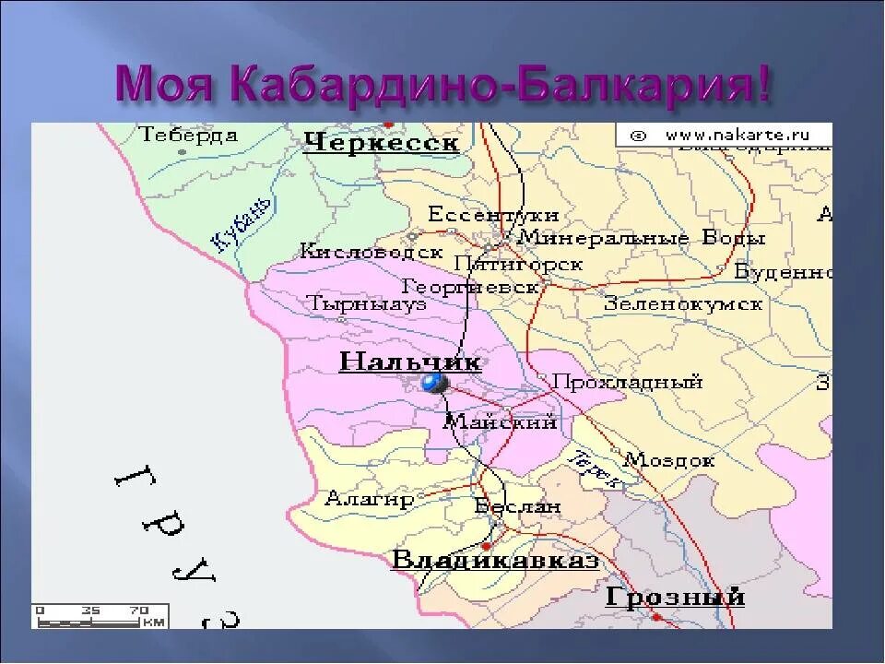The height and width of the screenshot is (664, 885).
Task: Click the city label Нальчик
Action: (x=409, y=361)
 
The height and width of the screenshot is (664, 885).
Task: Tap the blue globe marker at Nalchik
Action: (x=432, y=383)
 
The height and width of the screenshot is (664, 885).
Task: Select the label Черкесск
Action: (x=381, y=144)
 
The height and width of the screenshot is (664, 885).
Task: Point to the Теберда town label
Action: (x=189, y=135)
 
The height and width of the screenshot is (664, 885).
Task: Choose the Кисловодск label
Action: (x=371, y=251)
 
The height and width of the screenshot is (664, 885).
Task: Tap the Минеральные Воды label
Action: (x=643, y=238)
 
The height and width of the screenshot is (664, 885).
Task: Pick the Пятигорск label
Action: (x=529, y=264)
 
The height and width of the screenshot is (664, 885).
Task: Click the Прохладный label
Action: (x=628, y=382)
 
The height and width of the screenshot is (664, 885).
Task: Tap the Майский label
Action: (x=501, y=422)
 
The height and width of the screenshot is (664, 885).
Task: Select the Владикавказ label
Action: (x=495, y=560)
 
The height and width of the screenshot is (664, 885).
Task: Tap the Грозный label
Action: (x=675, y=597)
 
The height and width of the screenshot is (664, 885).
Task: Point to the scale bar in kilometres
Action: (x=100, y=615)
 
